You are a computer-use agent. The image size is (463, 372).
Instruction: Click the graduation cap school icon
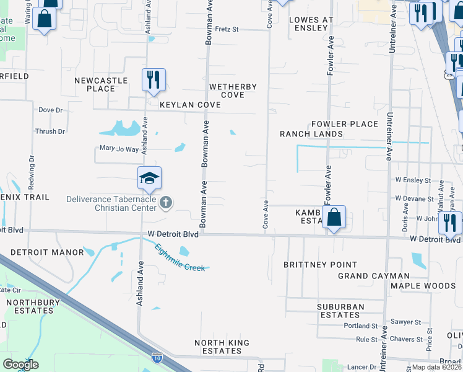[x=149, y=178]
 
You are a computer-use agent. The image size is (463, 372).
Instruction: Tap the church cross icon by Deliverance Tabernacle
[x=165, y=202]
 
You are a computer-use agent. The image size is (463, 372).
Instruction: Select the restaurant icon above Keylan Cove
[x=153, y=80]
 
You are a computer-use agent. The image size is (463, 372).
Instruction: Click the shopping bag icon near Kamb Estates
[x=334, y=218]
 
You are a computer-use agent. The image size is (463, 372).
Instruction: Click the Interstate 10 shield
[x=157, y=358]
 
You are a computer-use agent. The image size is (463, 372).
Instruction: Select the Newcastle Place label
[x=101, y=84]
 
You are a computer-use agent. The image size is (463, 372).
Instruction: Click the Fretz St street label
[x=235, y=29]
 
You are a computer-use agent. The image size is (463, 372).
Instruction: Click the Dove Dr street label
[x=51, y=110]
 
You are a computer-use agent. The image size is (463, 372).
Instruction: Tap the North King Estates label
[x=222, y=347]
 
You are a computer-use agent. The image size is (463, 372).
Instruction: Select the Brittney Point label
[x=321, y=265]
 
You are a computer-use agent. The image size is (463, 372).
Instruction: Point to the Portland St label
[x=361, y=325]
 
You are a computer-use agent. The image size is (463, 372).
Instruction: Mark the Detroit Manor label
[x=47, y=252]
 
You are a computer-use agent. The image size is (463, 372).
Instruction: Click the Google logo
[x=20, y=365]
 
